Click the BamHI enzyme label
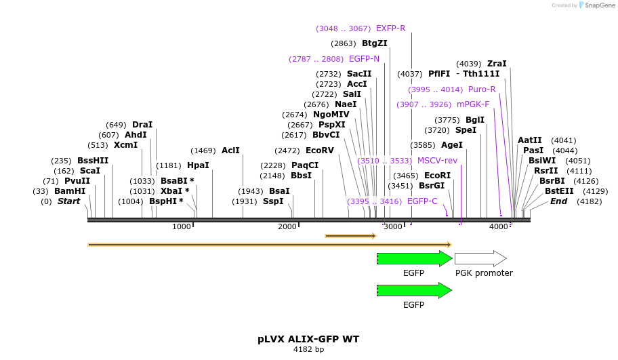pos(70,191)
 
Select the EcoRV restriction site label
pos(320,150)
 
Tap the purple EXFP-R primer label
pos(391,28)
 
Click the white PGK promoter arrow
pos(480,258)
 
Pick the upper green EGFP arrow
pos(414,258)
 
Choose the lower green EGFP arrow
pos(414,290)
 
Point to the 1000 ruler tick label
pos(182,226)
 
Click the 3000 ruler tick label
pos(394,226)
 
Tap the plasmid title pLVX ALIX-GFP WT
pos(308,338)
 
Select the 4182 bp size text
pos(308,350)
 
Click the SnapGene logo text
pos(597,5)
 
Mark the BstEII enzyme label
pos(559,191)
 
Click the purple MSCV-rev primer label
pos(437,161)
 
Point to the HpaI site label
pos(198,165)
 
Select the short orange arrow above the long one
pos(350,236)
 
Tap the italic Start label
pos(68,201)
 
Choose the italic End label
pos(558,201)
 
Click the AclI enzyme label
pos(230,151)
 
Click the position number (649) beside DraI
pos(117,125)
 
